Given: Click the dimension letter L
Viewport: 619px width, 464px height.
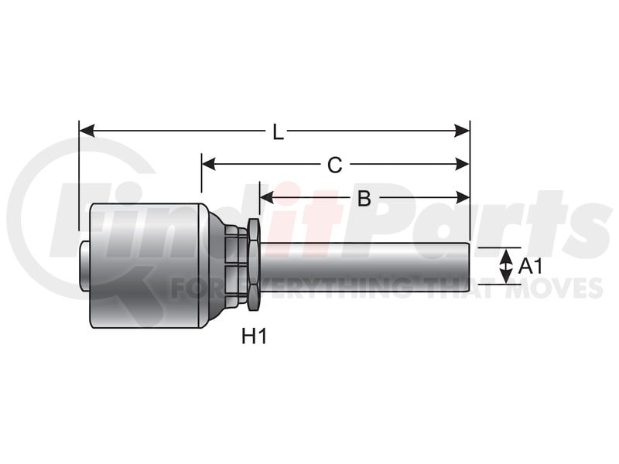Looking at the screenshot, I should pyautogui.click(x=279, y=133).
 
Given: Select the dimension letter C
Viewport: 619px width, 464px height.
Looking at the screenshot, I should pyautogui.click(x=334, y=165).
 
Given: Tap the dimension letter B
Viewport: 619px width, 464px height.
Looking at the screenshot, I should pyautogui.click(x=364, y=199).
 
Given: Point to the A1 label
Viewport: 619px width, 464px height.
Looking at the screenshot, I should pyautogui.click(x=530, y=267).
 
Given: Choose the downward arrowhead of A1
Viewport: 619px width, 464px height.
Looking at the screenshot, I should pyautogui.click(x=505, y=278).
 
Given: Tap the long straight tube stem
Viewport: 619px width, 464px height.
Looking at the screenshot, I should pyautogui.click(x=364, y=266).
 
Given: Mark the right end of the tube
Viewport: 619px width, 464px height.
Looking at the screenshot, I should pyautogui.click(x=468, y=266).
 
